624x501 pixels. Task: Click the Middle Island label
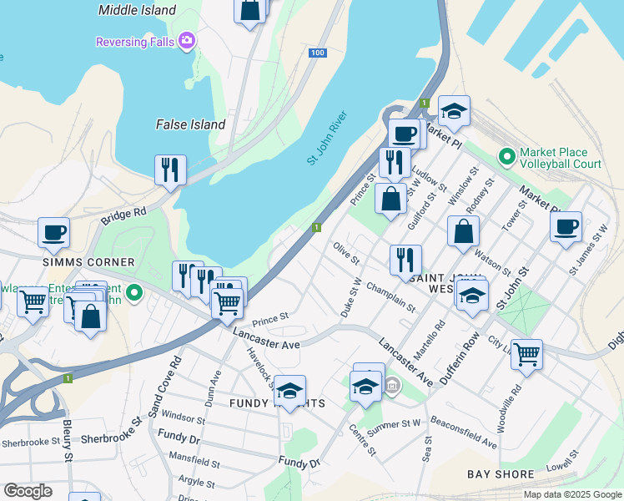click(x=138, y=10)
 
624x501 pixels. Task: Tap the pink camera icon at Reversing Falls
click(x=188, y=40)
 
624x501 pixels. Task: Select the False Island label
click(x=191, y=124)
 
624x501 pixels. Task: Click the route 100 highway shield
click(x=316, y=53)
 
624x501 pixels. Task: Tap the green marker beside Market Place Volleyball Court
click(x=506, y=157)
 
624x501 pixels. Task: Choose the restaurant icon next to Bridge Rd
click(x=170, y=170)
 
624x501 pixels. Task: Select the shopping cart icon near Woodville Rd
click(x=526, y=354)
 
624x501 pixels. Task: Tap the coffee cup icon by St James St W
click(x=566, y=226)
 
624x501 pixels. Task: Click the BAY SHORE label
click(x=501, y=474)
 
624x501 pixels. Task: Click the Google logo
click(x=28, y=491)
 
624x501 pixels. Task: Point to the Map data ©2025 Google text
click(x=571, y=494)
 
